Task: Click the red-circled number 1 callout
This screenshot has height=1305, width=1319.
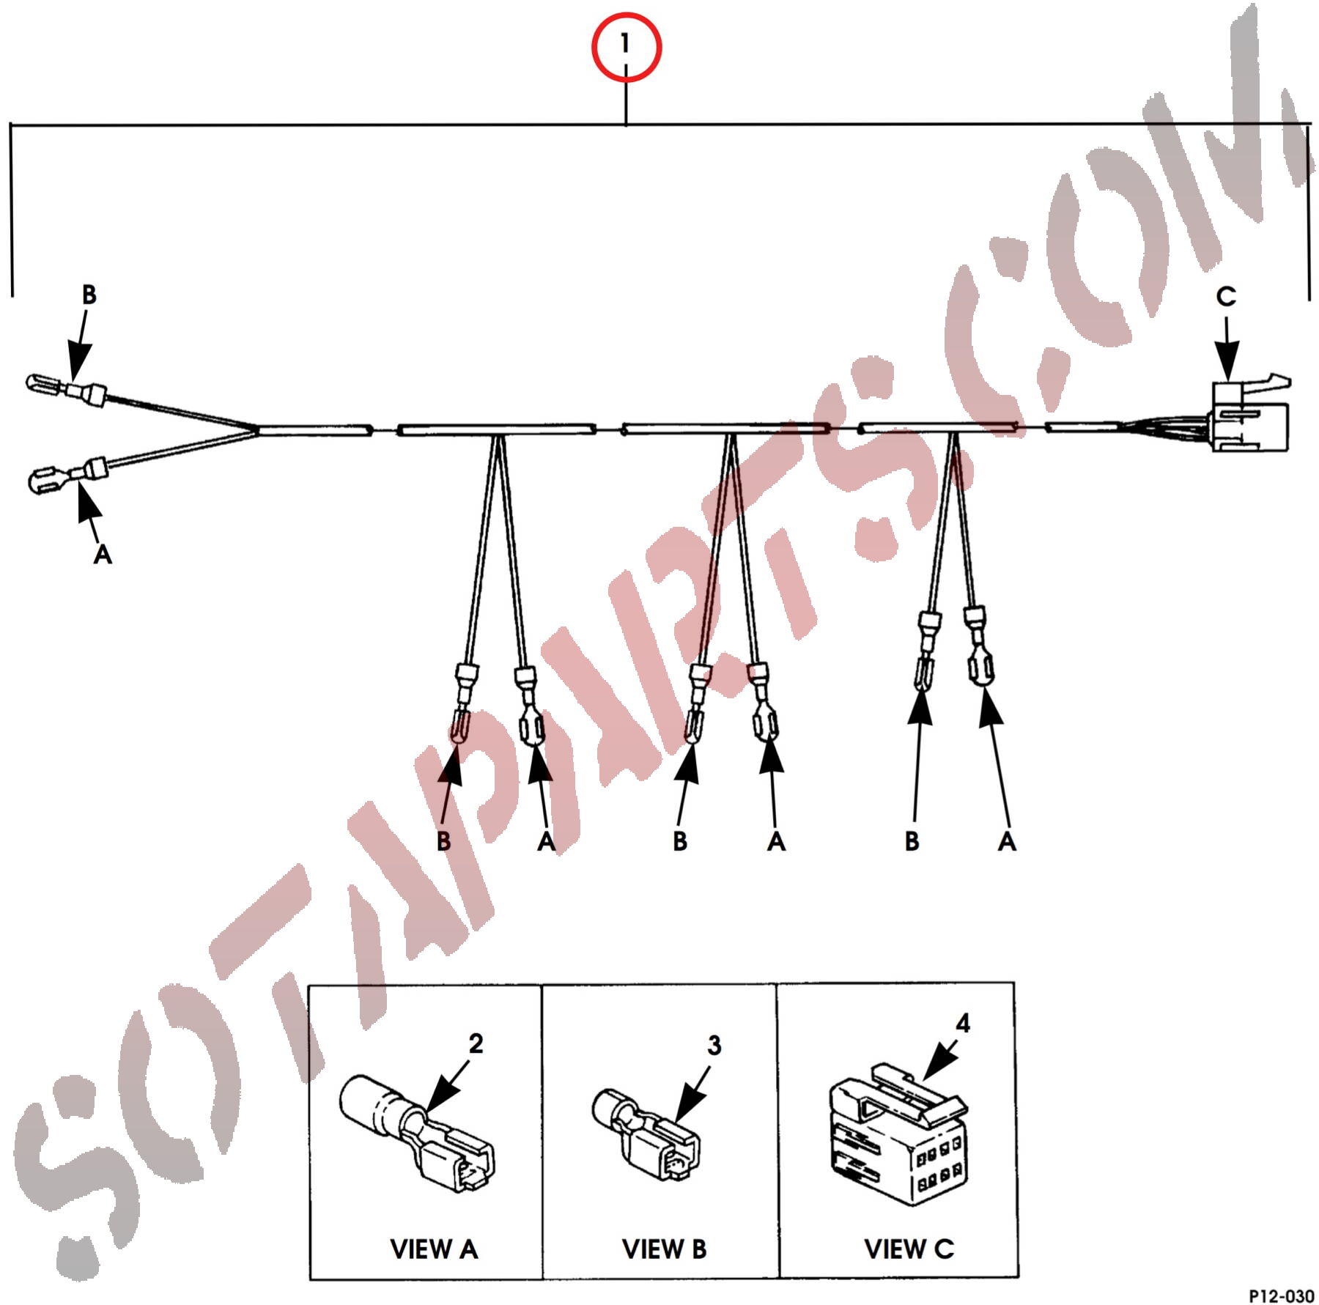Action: click(x=626, y=46)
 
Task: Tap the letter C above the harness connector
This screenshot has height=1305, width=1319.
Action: click(x=1226, y=296)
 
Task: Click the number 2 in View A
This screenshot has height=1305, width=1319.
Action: click(x=476, y=1043)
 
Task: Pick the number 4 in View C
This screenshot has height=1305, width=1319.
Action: click(x=963, y=1023)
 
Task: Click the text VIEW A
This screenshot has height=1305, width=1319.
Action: click(x=434, y=1249)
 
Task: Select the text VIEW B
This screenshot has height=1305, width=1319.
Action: click(x=664, y=1249)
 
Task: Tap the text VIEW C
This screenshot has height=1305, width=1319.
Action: click(x=909, y=1249)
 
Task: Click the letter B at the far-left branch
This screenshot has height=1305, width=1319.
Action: click(x=89, y=295)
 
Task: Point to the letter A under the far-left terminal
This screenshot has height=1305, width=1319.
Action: click(x=103, y=554)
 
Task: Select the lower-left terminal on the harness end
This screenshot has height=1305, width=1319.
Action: click(x=67, y=476)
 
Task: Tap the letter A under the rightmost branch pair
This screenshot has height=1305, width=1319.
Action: click(x=1007, y=841)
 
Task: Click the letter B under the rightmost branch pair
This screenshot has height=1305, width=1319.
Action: click(x=912, y=841)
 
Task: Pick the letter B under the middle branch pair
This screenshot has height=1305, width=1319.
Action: click(x=680, y=841)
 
